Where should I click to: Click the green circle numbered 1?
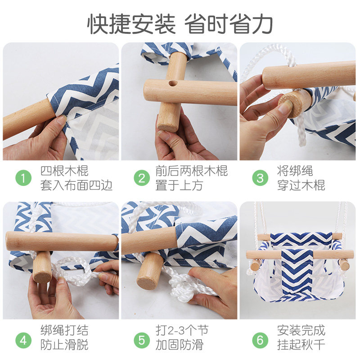[23, 178]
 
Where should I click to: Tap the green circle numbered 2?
[142, 178]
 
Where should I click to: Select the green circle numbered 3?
[260, 178]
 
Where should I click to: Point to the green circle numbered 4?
[23, 340]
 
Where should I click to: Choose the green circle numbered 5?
[142, 340]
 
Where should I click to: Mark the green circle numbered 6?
[260, 340]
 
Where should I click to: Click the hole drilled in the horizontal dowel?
[173, 83]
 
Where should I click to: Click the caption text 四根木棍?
[64, 171]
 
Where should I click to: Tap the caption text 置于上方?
[179, 185]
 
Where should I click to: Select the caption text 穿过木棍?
[301, 185]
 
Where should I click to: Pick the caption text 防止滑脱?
[64, 345]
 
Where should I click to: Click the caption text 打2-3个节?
[182, 330]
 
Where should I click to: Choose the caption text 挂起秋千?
[301, 345]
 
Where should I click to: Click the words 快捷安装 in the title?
[131, 24]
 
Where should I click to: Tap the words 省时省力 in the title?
[229, 24]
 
